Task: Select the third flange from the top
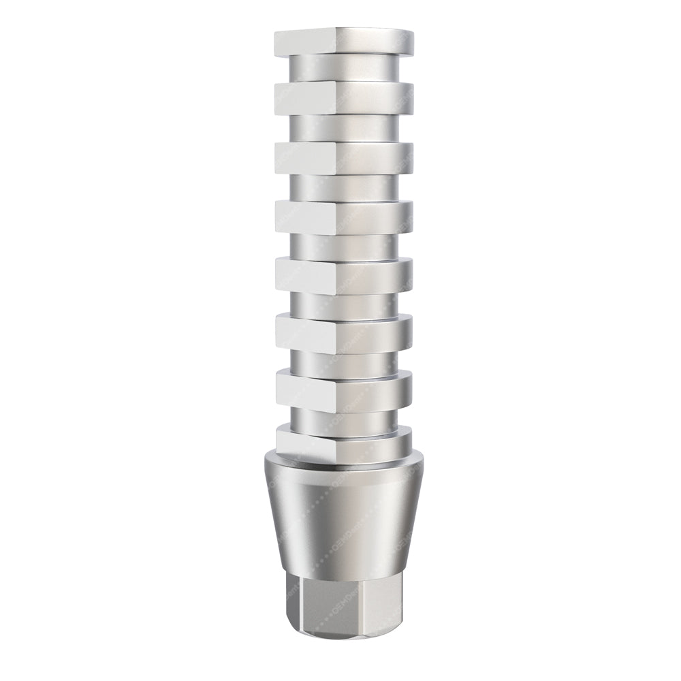pos(368,155)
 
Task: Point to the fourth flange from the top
pos(368,217)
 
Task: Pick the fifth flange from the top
pos(368,274)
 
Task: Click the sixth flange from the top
pos(368,332)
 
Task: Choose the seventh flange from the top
pos(368,387)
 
